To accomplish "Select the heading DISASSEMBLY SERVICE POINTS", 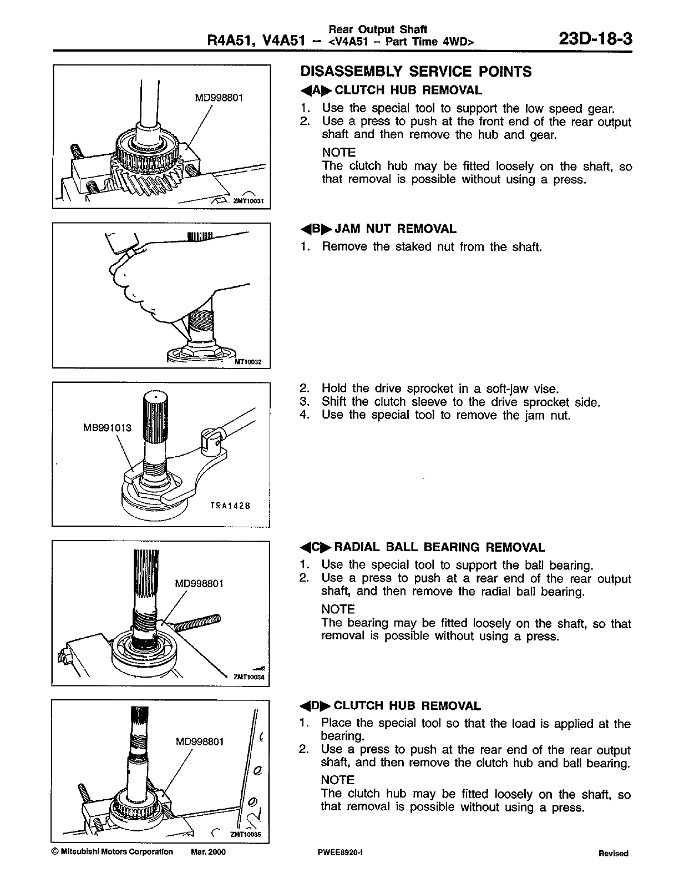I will (x=415, y=72).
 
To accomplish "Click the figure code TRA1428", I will (x=231, y=506).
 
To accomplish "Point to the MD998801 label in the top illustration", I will (x=219, y=98).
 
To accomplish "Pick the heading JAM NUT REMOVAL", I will (x=396, y=229).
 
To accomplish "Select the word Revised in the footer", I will (x=613, y=854).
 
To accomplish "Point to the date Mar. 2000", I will (x=207, y=852).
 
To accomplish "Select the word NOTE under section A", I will (x=338, y=152).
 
